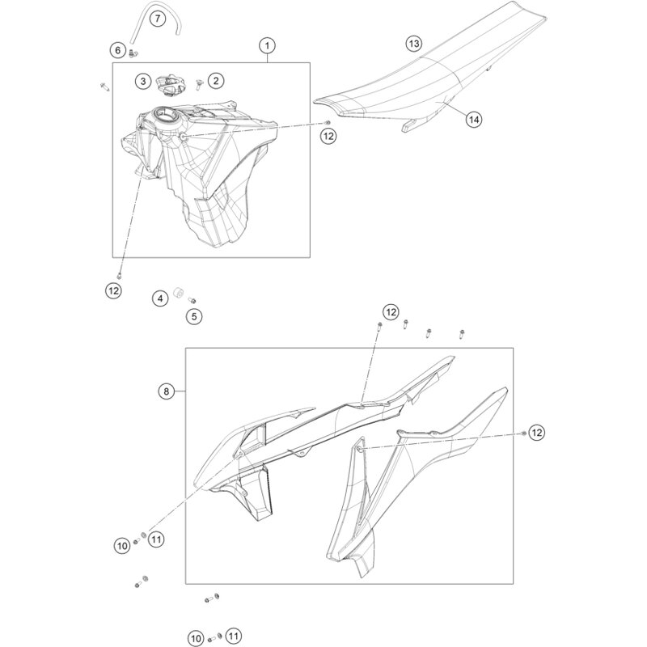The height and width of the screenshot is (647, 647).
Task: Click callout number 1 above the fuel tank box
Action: pos(268,45)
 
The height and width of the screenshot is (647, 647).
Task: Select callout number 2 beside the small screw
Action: pos(216,80)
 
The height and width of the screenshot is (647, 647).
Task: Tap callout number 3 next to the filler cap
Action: pos(143,82)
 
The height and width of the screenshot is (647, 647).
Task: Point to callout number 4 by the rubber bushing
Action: pos(160,298)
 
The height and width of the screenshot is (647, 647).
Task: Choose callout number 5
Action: pos(194,316)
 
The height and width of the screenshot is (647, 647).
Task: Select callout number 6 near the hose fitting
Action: pos(118,50)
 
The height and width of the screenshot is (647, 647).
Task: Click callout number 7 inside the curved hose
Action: pos(157,19)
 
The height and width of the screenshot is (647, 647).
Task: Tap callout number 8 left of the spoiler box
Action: pos(167,391)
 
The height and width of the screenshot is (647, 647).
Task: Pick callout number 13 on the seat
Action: pos(414,44)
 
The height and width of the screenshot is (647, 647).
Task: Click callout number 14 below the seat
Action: pos(474,120)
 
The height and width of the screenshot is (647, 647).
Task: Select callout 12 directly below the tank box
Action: pos(113,291)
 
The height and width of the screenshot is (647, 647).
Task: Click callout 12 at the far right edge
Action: pos(537,433)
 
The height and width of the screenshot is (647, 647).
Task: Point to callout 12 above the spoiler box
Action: pos(391,312)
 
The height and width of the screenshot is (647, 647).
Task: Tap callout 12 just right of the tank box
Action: pos(328,136)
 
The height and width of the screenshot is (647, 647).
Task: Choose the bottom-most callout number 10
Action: pos(195,639)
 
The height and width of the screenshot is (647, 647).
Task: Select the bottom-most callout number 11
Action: pos(233,636)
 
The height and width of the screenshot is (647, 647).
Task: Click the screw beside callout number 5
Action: pos(192,300)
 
